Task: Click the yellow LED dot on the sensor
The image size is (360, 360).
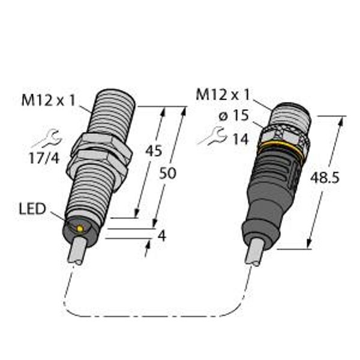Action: coord(80,229)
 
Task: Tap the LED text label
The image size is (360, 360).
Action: coord(32,209)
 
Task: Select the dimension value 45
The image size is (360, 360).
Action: coord(154,151)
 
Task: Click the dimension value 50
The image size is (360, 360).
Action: coord(167,173)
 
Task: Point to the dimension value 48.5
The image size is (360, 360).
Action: coord(325,178)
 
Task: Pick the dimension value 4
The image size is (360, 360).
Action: coord(162,236)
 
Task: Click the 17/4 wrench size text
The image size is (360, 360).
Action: coord(44,158)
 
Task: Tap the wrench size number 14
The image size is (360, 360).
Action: coord(241,139)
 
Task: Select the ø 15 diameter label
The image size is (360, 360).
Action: coord(234,115)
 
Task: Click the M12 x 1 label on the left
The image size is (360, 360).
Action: coord(49,100)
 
